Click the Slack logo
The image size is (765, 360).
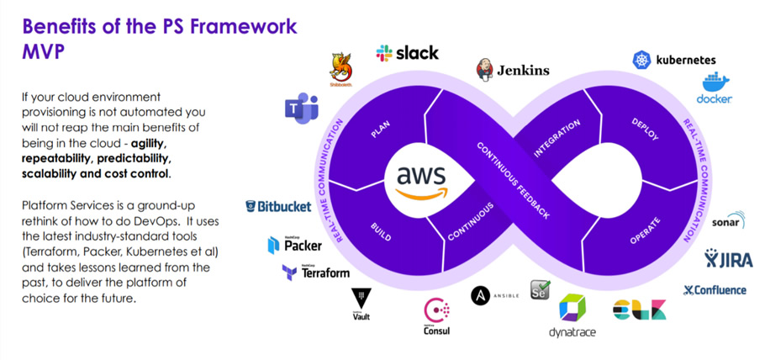(407, 52)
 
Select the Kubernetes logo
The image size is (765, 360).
(675, 60)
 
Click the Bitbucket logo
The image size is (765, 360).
(278, 206)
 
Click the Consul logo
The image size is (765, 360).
(436, 316)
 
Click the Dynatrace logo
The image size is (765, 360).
(572, 316)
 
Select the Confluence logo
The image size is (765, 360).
(714, 290)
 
